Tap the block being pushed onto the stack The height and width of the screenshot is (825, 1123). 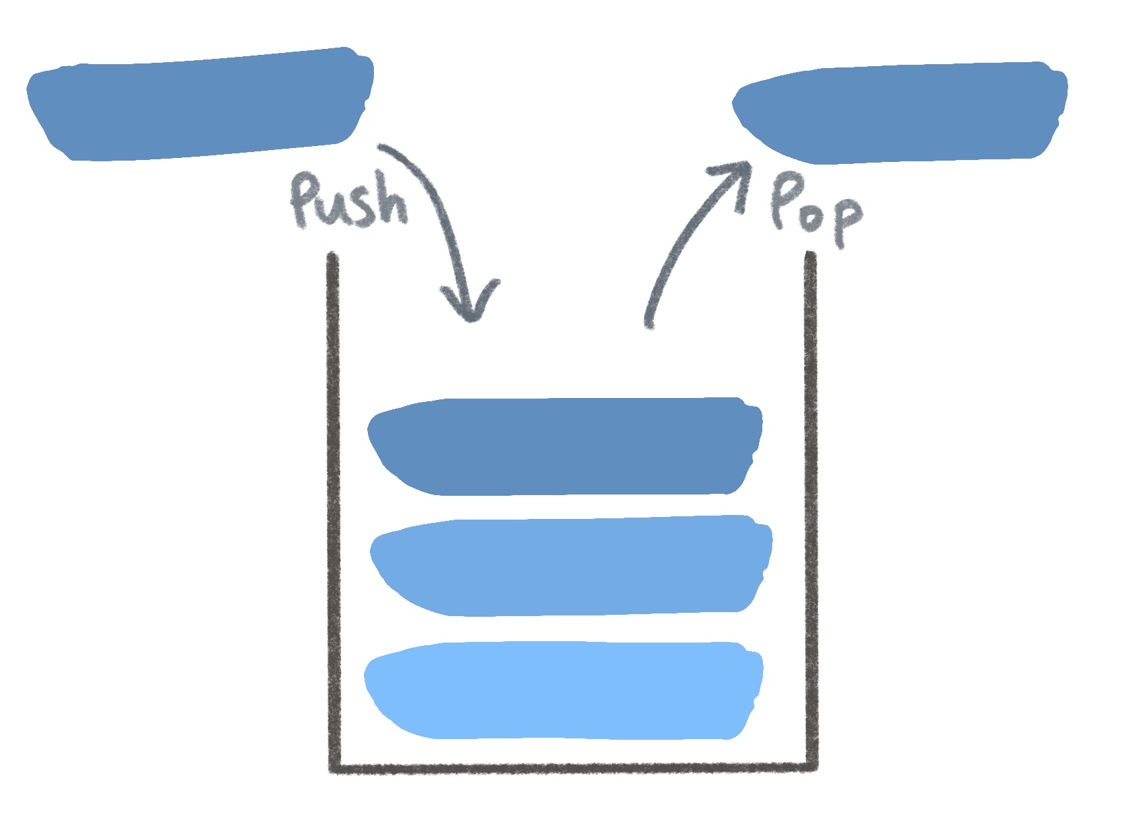pyautogui.click(x=198, y=106)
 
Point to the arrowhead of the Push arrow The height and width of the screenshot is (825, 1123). pyautogui.click(x=470, y=311)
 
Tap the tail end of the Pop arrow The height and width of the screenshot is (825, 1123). pyautogui.click(x=649, y=323)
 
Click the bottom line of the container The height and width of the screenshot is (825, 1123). pyautogui.click(x=572, y=767)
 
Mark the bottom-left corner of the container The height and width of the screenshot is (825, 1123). pyautogui.click(x=335, y=767)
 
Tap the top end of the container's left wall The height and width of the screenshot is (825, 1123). pyautogui.click(x=333, y=256)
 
